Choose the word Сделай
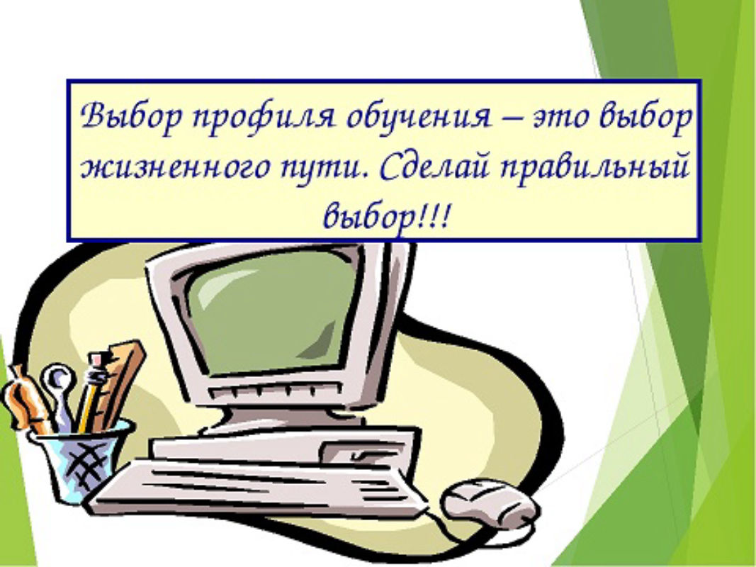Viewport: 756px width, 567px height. click(x=434, y=167)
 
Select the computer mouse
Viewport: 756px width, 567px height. click(x=490, y=502)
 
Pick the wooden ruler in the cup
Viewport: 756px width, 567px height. click(x=121, y=381)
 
